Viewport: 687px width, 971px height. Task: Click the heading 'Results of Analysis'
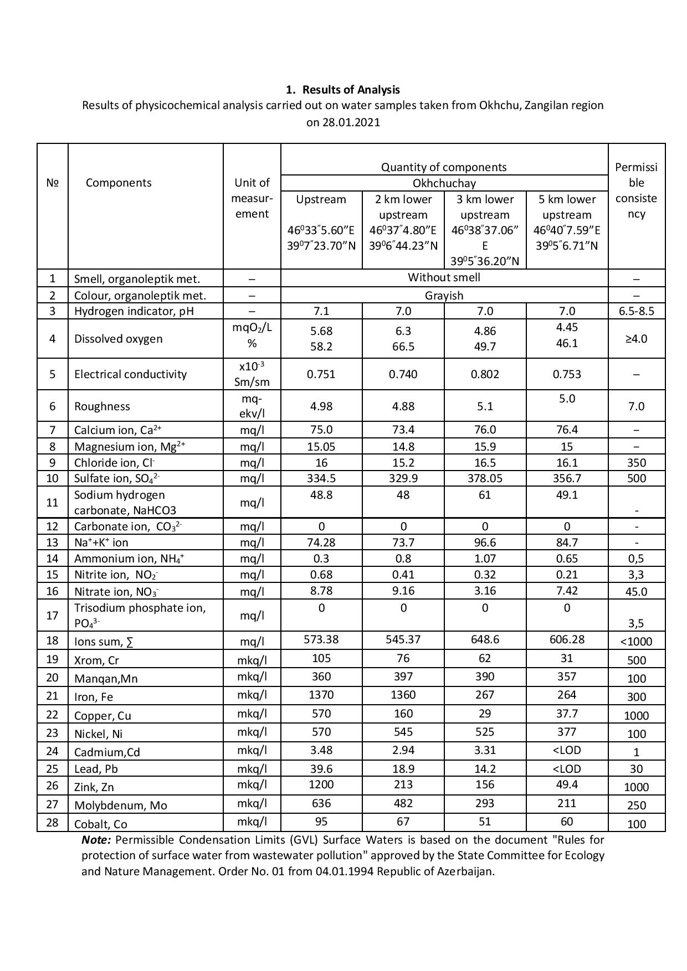pyautogui.click(x=351, y=90)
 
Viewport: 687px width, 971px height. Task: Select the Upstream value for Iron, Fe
pyautogui.click(x=321, y=695)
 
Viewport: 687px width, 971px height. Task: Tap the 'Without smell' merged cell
pyautogui.click(x=444, y=277)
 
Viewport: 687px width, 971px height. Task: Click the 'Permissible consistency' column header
pyautogui.click(x=636, y=190)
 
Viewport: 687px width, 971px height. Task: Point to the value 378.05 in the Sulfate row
pyautogui.click(x=485, y=478)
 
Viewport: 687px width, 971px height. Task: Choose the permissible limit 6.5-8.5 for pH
pyautogui.click(x=636, y=311)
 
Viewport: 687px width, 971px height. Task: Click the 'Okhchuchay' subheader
pyautogui.click(x=444, y=183)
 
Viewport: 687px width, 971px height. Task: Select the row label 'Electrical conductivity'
pyautogui.click(x=130, y=374)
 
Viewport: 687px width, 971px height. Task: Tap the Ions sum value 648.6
pyautogui.click(x=485, y=639)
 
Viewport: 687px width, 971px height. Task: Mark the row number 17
pyautogui.click(x=52, y=616)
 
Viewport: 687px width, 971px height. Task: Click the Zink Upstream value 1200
pyautogui.click(x=321, y=784)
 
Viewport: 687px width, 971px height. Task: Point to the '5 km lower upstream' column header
pyautogui.click(x=567, y=207)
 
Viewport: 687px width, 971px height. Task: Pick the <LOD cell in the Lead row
pyautogui.click(x=567, y=768)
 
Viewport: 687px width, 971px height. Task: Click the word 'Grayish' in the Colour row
pyautogui.click(x=444, y=295)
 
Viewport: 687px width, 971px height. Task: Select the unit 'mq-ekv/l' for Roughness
pyautogui.click(x=252, y=406)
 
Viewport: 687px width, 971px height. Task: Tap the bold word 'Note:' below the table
pyautogui.click(x=96, y=840)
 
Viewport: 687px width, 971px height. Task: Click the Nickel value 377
pyautogui.click(x=567, y=732)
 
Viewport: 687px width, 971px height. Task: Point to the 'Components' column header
pyautogui.click(x=119, y=183)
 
